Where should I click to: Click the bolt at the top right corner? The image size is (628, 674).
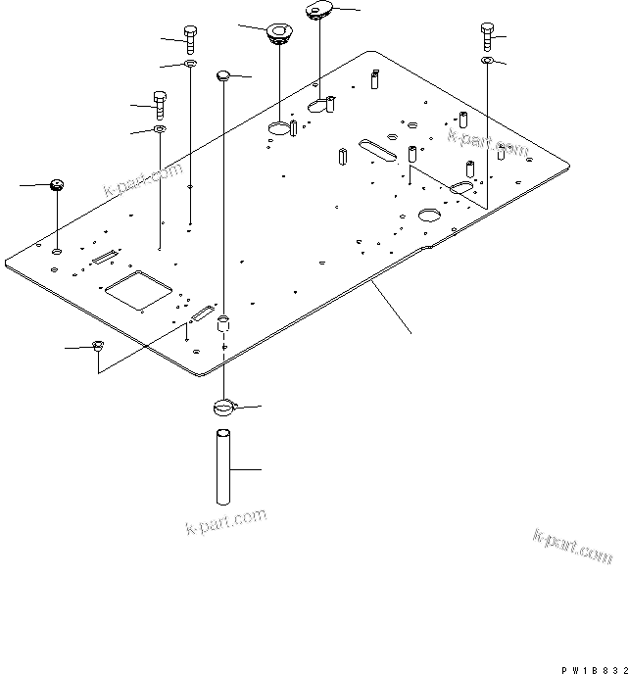[487, 36]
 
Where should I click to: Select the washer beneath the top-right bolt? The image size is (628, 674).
[487, 61]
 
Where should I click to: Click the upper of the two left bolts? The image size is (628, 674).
[189, 41]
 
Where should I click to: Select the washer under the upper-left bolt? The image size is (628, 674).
[189, 65]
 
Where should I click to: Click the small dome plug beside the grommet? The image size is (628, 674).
[225, 74]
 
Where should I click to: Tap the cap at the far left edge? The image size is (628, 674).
[57, 184]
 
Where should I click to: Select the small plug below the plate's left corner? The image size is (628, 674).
[98, 345]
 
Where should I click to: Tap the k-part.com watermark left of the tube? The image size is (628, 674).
[225, 521]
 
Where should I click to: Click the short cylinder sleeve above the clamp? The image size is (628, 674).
[224, 323]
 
